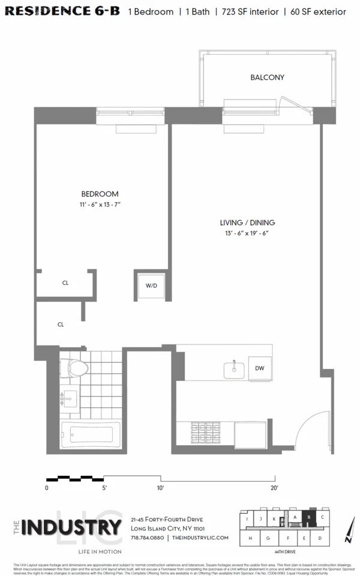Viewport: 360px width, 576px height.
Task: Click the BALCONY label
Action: click(x=267, y=77)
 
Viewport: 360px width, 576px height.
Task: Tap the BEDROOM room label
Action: click(x=100, y=194)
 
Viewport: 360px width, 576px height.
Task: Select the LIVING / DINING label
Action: click(x=247, y=223)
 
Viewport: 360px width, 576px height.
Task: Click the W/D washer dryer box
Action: click(x=151, y=286)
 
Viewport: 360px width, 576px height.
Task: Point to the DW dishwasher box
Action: click(x=260, y=368)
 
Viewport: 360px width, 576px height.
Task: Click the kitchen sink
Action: click(x=234, y=370)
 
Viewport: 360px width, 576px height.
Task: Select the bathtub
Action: click(x=91, y=433)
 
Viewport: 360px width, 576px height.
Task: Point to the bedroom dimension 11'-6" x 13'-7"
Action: click(x=100, y=205)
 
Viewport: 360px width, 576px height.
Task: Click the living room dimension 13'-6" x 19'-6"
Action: click(x=247, y=233)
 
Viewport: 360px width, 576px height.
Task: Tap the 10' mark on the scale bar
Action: click(x=160, y=488)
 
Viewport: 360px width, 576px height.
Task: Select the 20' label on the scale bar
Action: click(x=274, y=488)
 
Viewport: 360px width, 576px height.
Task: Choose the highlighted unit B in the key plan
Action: click(x=309, y=517)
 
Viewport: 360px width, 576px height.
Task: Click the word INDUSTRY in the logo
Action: click(x=71, y=528)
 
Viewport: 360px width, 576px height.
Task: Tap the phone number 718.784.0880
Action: click(x=148, y=538)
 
